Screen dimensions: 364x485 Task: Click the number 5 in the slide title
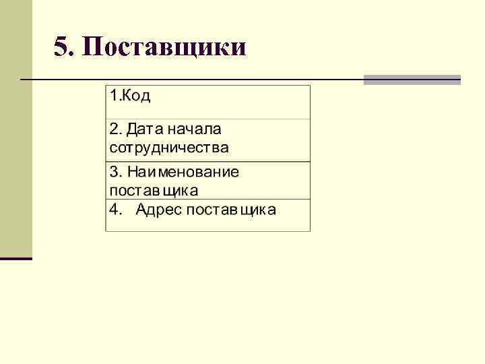61,47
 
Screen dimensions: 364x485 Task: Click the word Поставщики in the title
166,48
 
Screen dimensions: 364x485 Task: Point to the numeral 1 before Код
113,96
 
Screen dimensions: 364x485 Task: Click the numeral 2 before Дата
113,128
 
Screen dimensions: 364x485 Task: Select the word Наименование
183,172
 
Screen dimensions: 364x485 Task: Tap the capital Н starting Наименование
132,172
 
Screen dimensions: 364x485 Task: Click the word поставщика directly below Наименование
158,189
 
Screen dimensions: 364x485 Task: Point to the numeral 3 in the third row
113,172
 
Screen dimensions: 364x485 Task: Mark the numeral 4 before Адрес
113,210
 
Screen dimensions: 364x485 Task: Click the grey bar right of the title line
412,80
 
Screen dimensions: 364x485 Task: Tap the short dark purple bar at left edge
15,258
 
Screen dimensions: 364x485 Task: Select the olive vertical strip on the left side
15,128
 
